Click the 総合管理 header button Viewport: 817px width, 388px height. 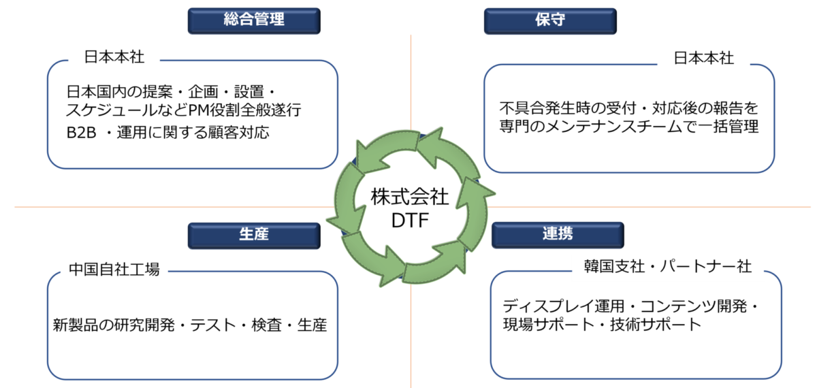[x=253, y=20]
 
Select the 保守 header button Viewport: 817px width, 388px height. [x=550, y=20]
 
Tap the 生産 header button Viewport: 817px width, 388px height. [x=253, y=235]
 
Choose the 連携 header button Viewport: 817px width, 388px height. [x=557, y=235]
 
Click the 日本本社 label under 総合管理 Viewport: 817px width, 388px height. [x=114, y=58]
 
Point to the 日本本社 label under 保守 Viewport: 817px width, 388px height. [x=703, y=58]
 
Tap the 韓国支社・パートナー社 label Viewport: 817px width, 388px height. [x=667, y=266]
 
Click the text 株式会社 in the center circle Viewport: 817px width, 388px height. [x=410, y=197]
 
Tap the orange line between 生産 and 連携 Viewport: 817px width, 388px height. [x=411, y=340]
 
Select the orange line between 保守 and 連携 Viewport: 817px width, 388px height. [x=647, y=206]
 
